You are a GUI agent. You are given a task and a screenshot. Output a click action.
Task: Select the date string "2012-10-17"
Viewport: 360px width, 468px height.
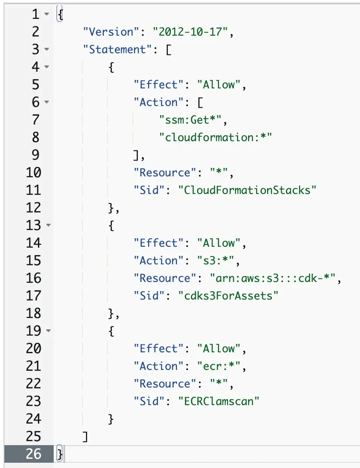point(187,32)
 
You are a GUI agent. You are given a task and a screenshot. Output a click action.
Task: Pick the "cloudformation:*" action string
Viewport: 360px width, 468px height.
point(216,138)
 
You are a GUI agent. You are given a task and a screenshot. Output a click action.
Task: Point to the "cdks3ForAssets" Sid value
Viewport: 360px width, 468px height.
point(228,296)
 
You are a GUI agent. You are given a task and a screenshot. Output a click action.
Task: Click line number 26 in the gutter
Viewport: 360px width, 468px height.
point(33,454)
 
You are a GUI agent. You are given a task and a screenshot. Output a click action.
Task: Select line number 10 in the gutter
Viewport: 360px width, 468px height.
point(33,173)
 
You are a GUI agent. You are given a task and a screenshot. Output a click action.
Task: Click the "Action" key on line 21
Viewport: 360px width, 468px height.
point(159,366)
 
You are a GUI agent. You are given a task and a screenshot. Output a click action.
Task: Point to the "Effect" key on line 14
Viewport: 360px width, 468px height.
point(159,243)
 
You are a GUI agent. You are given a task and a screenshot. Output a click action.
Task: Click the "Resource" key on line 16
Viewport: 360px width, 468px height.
point(165,278)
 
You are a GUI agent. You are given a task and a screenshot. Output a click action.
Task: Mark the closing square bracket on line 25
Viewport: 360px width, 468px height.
point(85,437)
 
